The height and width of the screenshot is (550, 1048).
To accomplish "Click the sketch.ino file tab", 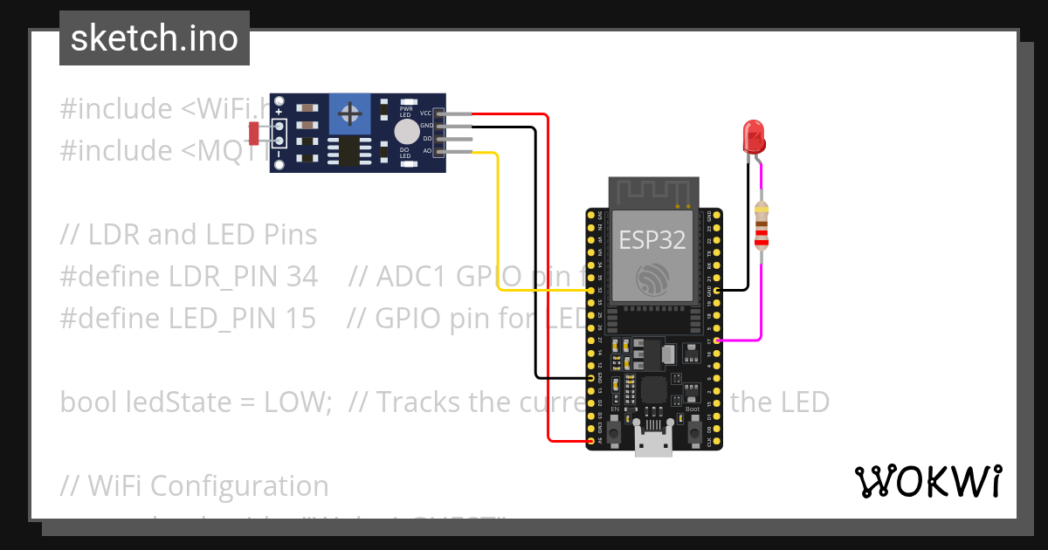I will click(x=154, y=38).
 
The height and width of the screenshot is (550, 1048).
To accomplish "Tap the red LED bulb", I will click(x=753, y=136).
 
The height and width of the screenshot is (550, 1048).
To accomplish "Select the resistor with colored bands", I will click(x=762, y=225).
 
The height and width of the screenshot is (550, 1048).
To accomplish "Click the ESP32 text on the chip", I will click(x=652, y=240).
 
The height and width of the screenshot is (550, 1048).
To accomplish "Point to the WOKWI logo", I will click(x=928, y=481).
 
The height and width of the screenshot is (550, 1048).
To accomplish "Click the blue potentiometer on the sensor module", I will click(x=350, y=114).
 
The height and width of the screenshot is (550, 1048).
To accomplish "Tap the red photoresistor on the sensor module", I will click(x=254, y=134).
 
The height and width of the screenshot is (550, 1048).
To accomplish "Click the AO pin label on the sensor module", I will click(x=426, y=151).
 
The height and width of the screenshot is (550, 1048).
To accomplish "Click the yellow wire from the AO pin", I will click(x=498, y=218).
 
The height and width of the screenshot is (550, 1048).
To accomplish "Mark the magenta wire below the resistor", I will click(x=761, y=297).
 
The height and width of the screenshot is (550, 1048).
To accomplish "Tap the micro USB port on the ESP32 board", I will click(x=652, y=446).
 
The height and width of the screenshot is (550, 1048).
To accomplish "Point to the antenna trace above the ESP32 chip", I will click(x=654, y=192).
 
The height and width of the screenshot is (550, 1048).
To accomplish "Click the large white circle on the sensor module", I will click(x=406, y=132).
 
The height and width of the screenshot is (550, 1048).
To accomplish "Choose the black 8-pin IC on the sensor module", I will click(x=348, y=150).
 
